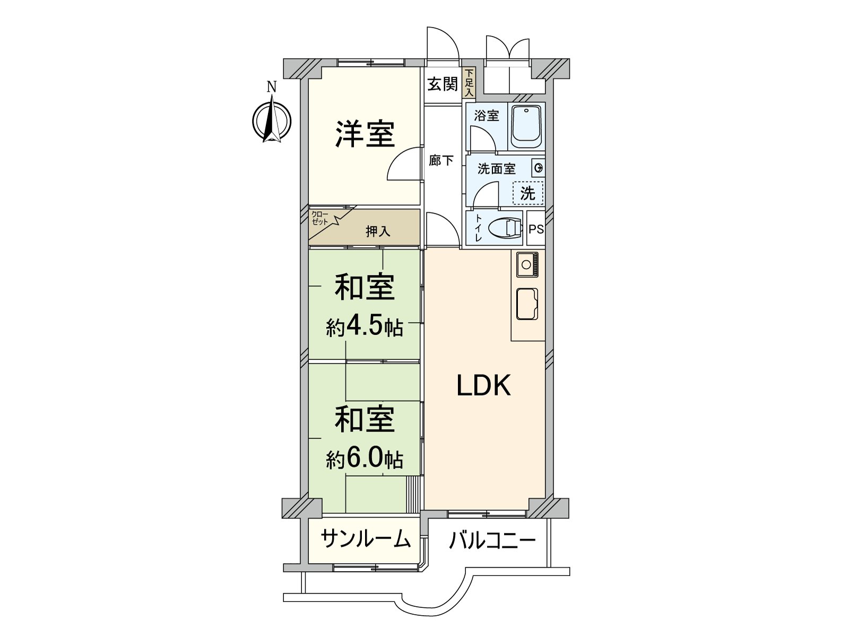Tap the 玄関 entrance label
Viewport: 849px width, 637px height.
coord(442,84)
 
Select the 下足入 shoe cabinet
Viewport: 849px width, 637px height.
coord(469,83)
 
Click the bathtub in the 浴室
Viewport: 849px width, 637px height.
coord(526,126)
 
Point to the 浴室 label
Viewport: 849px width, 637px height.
coord(487,115)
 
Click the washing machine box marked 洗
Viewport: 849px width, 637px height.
coord(528,193)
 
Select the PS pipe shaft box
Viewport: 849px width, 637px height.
coord(536,229)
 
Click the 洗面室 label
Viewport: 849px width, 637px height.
coord(496,169)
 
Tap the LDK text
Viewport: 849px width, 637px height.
coord(483,386)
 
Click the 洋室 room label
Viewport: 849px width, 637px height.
coord(365,134)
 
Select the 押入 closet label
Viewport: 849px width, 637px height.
coord(378,231)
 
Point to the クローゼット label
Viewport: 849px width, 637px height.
coord(320,218)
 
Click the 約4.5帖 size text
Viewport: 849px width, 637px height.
coord(365,328)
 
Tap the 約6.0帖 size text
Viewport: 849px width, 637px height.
coord(365,458)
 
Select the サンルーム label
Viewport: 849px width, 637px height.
coord(366,539)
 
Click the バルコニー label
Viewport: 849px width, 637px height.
coord(492,541)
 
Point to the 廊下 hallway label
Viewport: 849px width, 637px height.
coord(441,160)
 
